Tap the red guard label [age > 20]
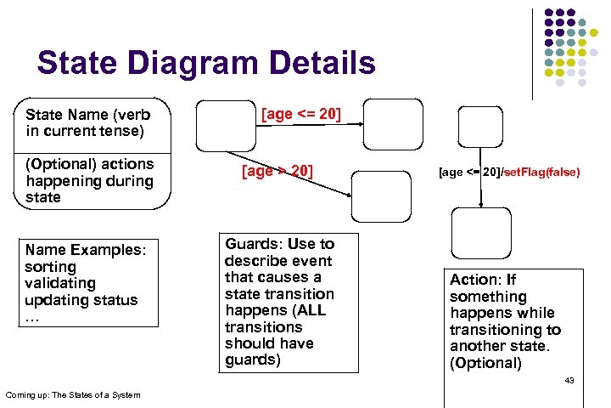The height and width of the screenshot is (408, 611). [x=277, y=172]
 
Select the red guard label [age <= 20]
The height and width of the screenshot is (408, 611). [x=301, y=114]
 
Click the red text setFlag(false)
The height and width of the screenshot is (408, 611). [x=541, y=172]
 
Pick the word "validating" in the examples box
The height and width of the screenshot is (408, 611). [x=60, y=283]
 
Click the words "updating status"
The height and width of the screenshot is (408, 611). [x=81, y=300]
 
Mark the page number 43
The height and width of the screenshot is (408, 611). [x=569, y=380]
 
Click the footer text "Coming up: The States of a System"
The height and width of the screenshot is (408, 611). [x=73, y=394]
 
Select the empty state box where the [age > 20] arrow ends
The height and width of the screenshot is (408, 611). [x=379, y=197]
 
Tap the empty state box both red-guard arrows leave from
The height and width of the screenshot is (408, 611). [x=224, y=125]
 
